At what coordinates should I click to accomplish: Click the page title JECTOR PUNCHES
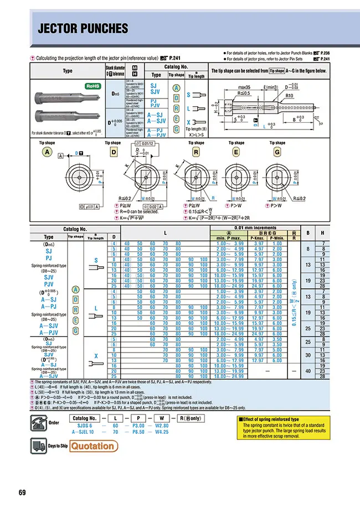tap(83, 29)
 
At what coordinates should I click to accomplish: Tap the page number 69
tap(22, 493)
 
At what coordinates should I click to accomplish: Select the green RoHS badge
tap(92, 87)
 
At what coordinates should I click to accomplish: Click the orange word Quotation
tap(93, 446)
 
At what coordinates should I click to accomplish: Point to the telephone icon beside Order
tap(40, 421)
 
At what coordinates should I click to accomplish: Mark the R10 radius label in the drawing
tap(290, 95)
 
